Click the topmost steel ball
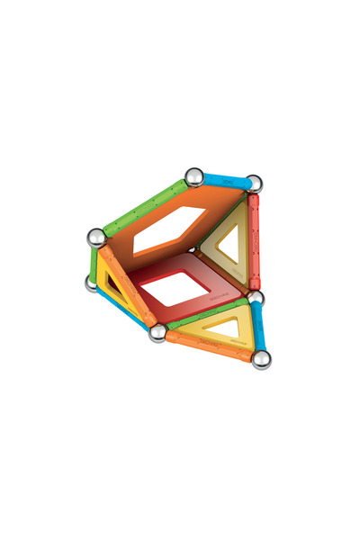tap(193, 176)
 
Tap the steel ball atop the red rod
tap(255, 184)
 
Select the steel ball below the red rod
tap(256, 298)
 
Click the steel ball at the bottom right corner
tap(262, 360)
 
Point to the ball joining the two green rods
tap(96, 238)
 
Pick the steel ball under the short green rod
tap(92, 284)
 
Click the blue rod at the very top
tap(225, 181)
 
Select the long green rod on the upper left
tap(145, 209)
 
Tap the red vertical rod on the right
tap(254, 241)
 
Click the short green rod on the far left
tap(93, 262)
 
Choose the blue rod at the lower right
tap(259, 328)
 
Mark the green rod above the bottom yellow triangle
tap(207, 312)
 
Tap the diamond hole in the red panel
tap(175, 287)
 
